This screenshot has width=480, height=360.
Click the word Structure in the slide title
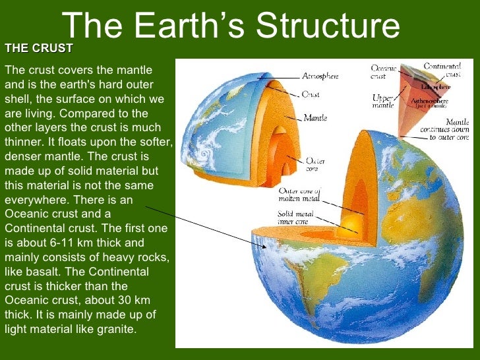coord(328,26)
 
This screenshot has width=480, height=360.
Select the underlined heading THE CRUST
coord(38,49)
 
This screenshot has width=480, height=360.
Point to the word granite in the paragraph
coord(115,328)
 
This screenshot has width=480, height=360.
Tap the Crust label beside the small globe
coord(311,94)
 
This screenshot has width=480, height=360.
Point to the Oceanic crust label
coord(383,72)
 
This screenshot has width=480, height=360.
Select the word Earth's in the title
coord(187,26)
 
